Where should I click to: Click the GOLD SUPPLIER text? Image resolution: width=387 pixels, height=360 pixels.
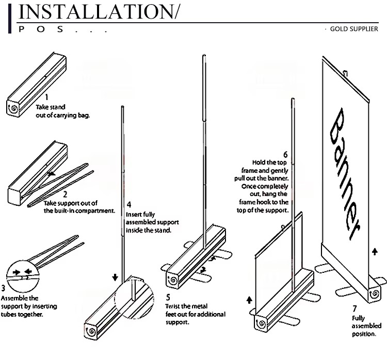pos(354,29)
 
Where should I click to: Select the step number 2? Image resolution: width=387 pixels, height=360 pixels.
pos(65,195)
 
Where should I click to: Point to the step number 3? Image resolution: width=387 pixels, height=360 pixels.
pos(4,288)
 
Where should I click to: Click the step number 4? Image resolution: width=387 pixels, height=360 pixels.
pos(128,204)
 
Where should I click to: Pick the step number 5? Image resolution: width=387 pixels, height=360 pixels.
pos(168,297)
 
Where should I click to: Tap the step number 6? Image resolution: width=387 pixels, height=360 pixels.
pos(285,154)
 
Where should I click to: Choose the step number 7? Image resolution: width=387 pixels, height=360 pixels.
pos(354,308)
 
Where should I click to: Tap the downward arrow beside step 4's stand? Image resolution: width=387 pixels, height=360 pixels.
pos(115,277)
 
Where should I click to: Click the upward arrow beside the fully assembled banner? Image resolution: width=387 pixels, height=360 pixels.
pos(375,252)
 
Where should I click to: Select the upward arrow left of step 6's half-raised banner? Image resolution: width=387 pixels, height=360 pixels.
pos(250,299)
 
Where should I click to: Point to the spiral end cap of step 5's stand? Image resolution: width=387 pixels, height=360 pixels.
pos(172,280)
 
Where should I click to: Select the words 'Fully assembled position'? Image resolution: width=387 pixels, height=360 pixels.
pos(366,326)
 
